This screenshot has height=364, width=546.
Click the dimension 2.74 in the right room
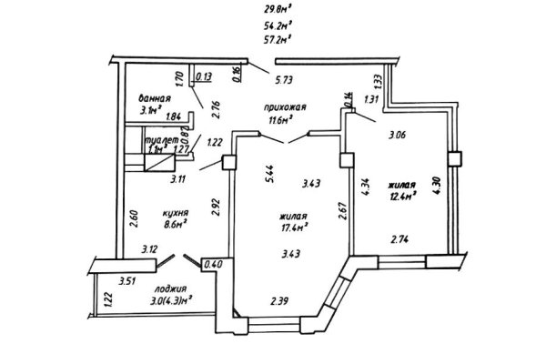(400, 240)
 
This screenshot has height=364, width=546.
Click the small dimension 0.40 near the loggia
(216, 265)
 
